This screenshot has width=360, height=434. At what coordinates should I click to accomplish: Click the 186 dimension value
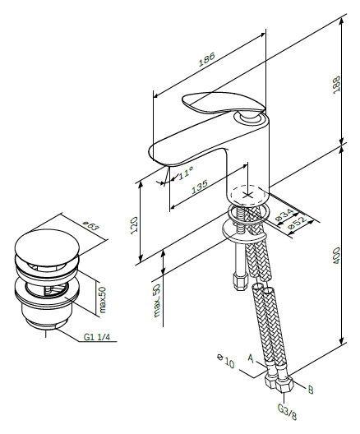pos(206,59)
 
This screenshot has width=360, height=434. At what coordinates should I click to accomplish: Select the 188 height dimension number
pos(336,85)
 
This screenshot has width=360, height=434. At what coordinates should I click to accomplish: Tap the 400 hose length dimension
pos(336,255)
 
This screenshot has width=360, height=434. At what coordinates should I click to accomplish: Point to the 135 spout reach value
pos(200,187)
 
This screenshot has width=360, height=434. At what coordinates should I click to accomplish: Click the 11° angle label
pos(185,173)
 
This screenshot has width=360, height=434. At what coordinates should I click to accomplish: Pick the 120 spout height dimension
pos(134,225)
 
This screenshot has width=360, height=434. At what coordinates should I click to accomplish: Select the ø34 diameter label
pos(284,215)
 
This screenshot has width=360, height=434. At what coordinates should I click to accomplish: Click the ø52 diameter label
pos(298,223)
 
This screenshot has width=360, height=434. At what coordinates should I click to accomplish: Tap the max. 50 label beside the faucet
pos(157,300)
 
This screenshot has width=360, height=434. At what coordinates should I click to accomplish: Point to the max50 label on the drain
pos(103,300)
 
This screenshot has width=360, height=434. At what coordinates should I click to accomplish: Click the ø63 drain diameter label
pos(91,226)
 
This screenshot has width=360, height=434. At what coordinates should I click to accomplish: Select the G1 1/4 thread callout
pos(96,337)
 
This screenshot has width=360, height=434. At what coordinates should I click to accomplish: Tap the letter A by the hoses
pos(251,358)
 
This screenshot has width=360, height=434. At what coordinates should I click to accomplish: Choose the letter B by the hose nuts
pos(311,390)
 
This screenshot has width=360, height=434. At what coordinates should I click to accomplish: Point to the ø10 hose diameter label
pos(225,361)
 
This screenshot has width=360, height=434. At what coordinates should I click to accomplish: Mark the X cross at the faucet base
pos(247,196)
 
